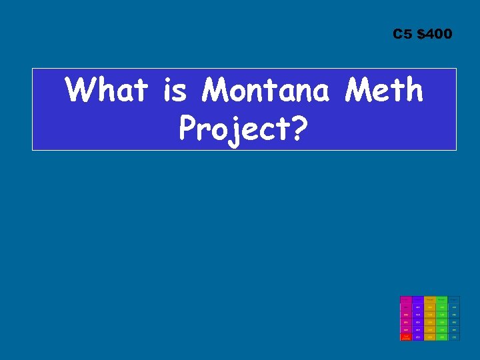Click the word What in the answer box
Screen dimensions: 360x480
107,90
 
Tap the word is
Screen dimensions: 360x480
175,90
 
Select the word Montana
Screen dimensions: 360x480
265,90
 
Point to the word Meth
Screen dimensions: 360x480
384,90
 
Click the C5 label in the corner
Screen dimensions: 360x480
403,34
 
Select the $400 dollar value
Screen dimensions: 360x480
434,34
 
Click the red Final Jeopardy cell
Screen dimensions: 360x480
405,337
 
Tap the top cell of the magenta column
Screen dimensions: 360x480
405,300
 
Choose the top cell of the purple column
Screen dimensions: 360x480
417,300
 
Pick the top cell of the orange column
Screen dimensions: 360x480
429,300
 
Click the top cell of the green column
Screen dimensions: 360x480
441,300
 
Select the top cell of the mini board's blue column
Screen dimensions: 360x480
453,300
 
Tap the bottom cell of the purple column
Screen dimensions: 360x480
417,337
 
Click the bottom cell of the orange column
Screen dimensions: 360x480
429,337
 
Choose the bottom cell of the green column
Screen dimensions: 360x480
441,337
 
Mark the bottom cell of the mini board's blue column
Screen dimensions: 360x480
453,337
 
